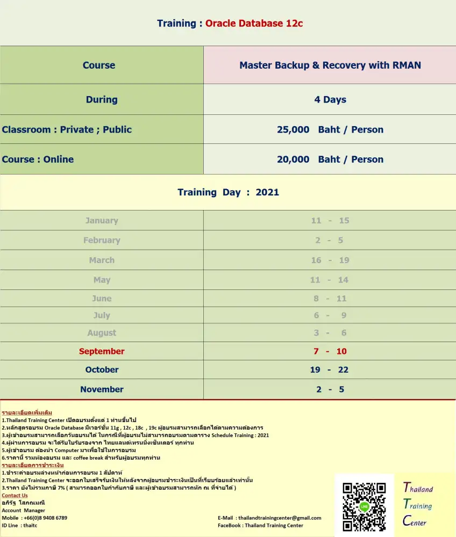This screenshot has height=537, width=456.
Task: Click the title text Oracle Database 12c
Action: click(254, 24)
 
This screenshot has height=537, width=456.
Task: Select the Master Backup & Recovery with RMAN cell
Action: click(330, 66)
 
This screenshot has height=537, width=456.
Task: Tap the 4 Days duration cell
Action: click(330, 100)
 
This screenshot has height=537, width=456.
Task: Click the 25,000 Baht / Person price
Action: click(330, 130)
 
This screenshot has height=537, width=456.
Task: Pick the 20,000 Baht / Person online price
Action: click(330, 159)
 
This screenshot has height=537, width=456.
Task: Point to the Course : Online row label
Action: click(38, 159)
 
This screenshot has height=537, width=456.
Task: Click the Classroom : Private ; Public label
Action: click(67, 130)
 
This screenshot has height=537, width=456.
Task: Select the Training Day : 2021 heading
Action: click(228, 192)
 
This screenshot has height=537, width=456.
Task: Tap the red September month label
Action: click(102, 352)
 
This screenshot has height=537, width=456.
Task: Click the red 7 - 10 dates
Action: click(330, 352)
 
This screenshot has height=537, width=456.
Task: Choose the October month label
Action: click(102, 370)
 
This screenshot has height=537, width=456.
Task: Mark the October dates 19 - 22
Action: click(330, 370)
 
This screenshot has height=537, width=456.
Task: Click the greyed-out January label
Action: click(102, 221)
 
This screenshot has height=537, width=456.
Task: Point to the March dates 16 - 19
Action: click(330, 260)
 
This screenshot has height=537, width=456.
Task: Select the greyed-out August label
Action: click(102, 333)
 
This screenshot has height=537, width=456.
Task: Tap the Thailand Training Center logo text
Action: click(418, 505)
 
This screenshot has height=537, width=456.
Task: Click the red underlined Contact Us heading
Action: click(15, 496)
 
